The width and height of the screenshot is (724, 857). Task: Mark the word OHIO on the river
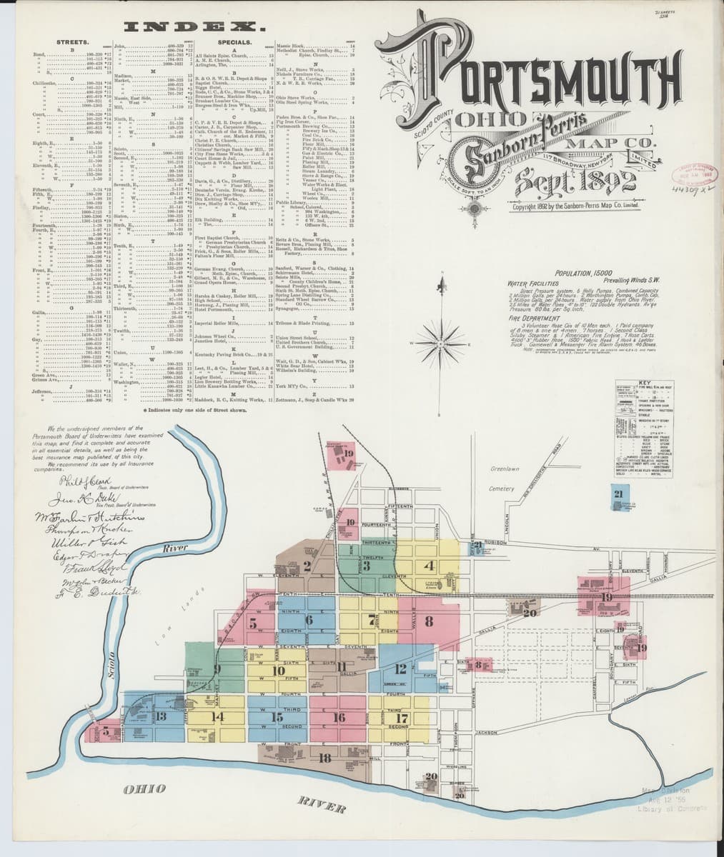click(x=144, y=788)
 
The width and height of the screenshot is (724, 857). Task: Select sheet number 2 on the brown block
click(x=307, y=567)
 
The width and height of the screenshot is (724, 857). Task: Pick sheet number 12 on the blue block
click(x=402, y=668)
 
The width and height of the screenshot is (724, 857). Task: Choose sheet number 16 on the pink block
click(x=339, y=718)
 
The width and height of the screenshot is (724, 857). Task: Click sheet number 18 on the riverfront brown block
click(x=325, y=758)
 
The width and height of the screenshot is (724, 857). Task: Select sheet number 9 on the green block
click(x=217, y=668)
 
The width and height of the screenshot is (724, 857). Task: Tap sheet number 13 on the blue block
click(x=161, y=716)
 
